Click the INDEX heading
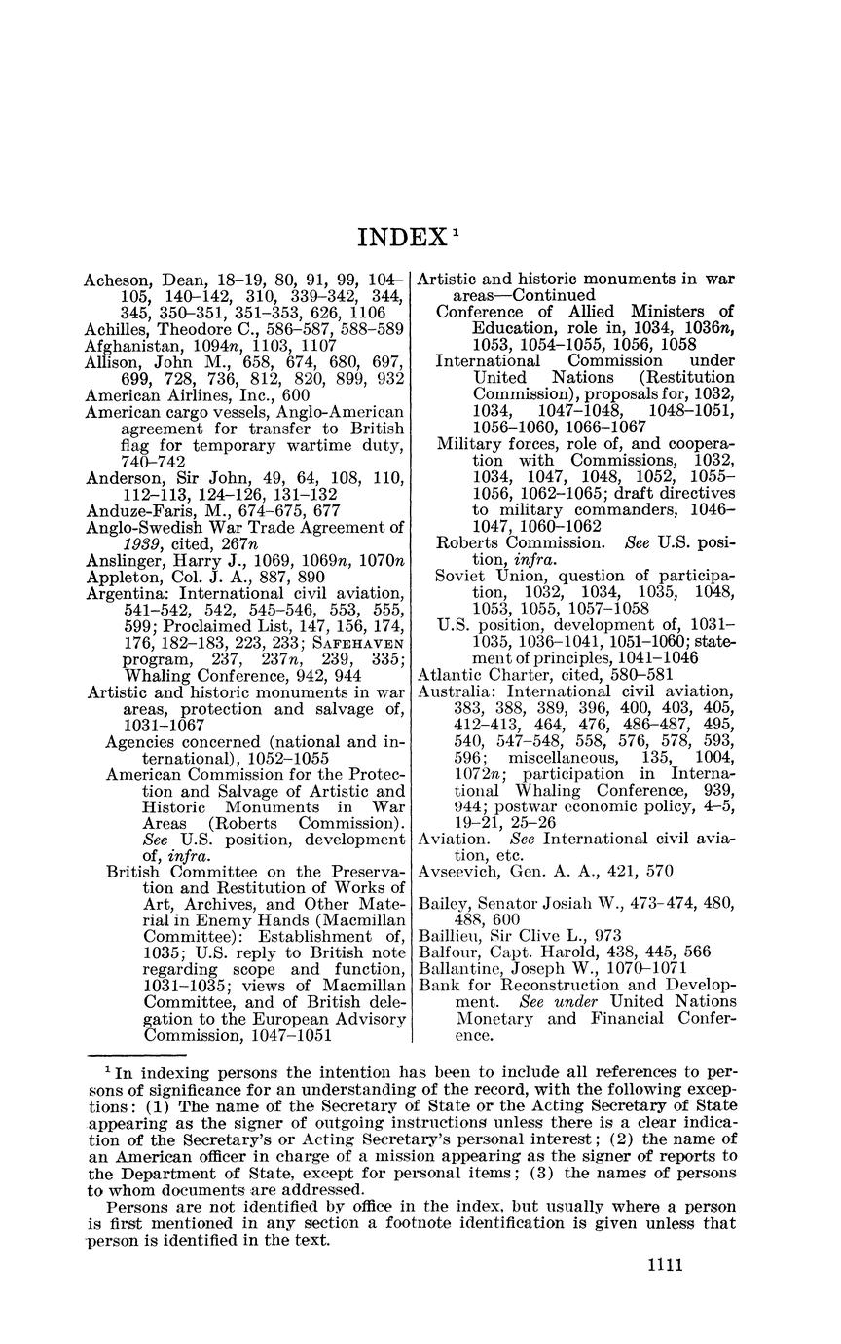[x=400, y=238]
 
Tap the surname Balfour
[x=449, y=952]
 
